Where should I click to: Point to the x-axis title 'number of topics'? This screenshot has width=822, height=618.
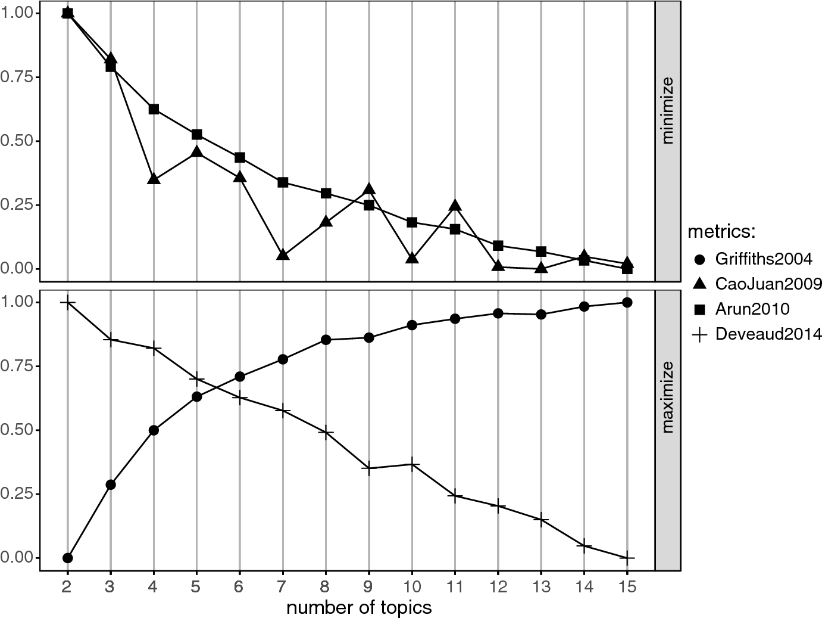pyautogui.click(x=359, y=607)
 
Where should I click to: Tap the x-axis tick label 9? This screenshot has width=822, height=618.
pyautogui.click(x=368, y=586)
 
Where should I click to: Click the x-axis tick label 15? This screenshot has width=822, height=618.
pyautogui.click(x=627, y=586)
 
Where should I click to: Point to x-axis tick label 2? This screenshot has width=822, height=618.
pyautogui.click(x=67, y=586)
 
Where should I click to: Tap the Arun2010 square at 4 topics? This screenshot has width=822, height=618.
pyautogui.click(x=154, y=109)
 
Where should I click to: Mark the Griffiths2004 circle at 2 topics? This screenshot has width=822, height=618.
pyautogui.click(x=67, y=558)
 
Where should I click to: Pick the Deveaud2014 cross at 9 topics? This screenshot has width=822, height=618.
pyautogui.click(x=368, y=468)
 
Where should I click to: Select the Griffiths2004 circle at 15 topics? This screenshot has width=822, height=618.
pyautogui.click(x=627, y=302)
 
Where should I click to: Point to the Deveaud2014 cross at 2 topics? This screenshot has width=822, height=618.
pyautogui.click(x=67, y=302)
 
